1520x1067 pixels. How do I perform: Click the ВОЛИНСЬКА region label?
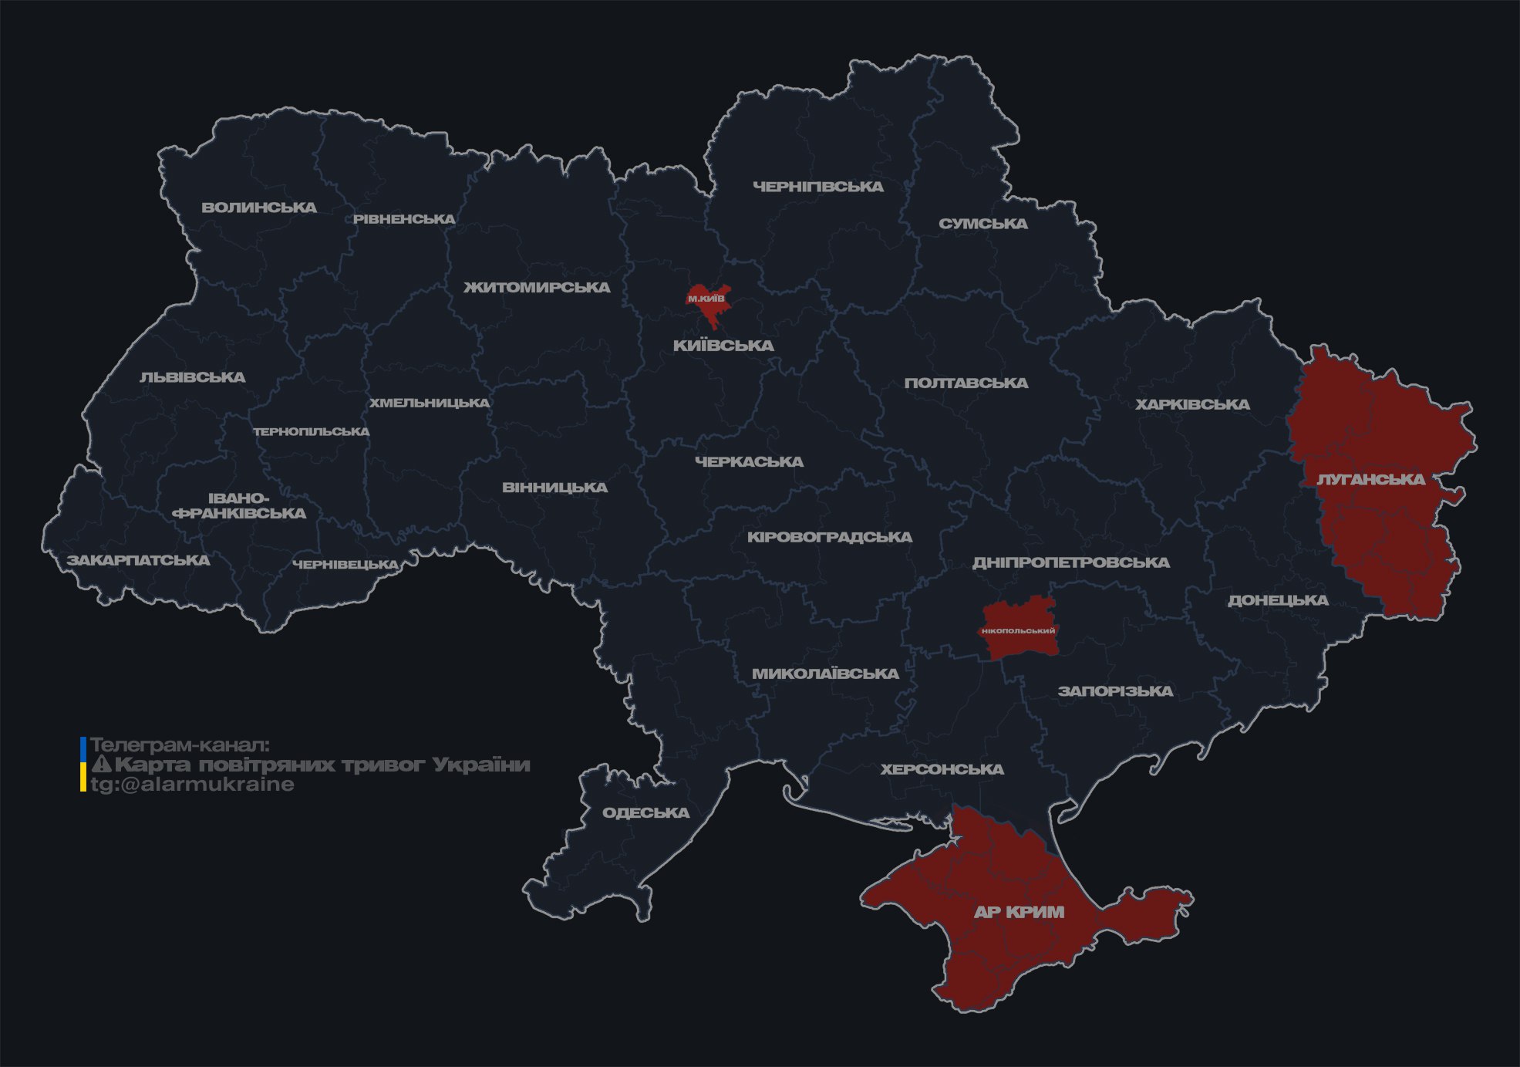(259, 208)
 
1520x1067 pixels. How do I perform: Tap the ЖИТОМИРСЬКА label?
(537, 288)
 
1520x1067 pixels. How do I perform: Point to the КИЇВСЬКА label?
(723, 346)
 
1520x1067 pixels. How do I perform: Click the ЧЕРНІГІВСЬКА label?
(818, 187)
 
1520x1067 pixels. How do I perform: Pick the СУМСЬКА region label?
(983, 224)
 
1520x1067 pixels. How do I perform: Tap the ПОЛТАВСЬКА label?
(966, 383)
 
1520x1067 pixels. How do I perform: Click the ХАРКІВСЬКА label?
(1192, 405)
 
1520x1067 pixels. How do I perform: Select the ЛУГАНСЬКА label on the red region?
(1370, 480)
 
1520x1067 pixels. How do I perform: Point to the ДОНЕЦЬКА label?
(1278, 600)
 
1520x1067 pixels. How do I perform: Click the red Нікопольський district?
(1019, 630)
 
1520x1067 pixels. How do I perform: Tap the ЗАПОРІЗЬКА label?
(1115, 691)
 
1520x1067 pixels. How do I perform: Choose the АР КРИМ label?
(1019, 912)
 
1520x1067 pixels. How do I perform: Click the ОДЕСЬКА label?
(645, 813)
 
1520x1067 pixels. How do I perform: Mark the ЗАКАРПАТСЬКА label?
(138, 560)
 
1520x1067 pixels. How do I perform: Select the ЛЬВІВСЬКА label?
(193, 377)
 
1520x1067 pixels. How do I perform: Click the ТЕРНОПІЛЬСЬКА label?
(312, 432)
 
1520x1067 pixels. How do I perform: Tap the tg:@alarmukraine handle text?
(193, 785)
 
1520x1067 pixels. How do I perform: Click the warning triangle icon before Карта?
(101, 765)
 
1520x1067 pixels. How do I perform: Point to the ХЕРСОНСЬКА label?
(942, 769)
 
